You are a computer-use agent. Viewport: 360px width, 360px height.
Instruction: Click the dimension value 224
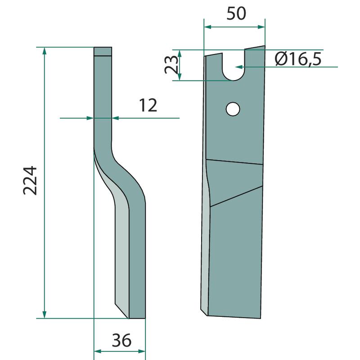[30, 181]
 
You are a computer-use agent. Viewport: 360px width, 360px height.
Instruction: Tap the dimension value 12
[148, 105]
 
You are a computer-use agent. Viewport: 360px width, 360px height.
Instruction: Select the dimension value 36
[121, 340]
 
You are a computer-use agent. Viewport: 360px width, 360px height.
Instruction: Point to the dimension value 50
[236, 13]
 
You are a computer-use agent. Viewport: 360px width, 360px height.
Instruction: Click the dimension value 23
[171, 64]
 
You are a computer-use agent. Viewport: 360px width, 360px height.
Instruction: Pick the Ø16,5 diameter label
[298, 59]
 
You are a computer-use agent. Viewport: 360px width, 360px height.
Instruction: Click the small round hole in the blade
[233, 109]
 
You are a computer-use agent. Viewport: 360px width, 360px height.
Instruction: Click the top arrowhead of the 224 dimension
[45, 51]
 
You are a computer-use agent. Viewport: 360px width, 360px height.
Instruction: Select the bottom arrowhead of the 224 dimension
[45, 314]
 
